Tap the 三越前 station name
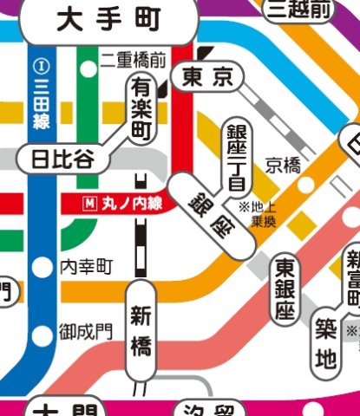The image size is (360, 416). pos(299,10)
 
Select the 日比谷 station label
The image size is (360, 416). pos(62,159)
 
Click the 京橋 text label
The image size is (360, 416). pos(284,163)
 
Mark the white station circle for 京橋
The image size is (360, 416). pos(305,185)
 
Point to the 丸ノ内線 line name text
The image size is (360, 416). pos(131,205)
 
